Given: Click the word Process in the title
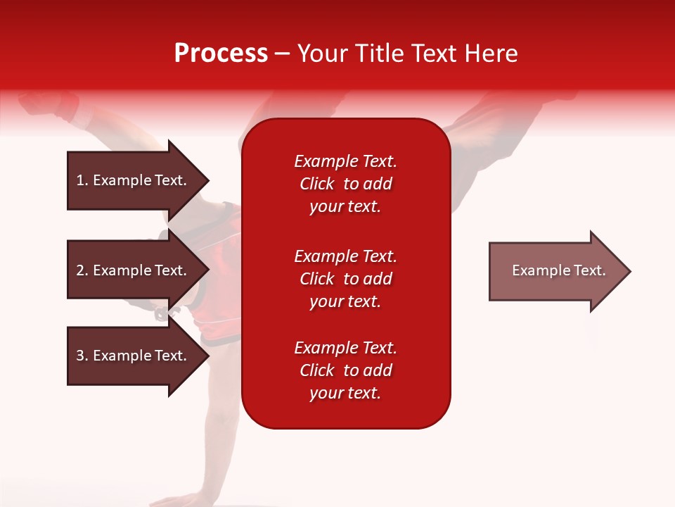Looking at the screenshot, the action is pyautogui.click(x=221, y=54).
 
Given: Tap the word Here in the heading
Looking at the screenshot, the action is pyautogui.click(x=491, y=54).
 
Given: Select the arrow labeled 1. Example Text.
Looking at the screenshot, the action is pyautogui.click(x=139, y=180).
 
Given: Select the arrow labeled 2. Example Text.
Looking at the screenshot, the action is pyautogui.click(x=139, y=270).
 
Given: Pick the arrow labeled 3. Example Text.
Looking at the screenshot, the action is pyautogui.click(x=139, y=355).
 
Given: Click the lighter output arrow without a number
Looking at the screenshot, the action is pyautogui.click(x=560, y=271).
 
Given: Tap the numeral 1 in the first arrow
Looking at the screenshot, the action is pyautogui.click(x=80, y=180).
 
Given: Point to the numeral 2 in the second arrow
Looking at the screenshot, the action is pyautogui.click(x=80, y=270).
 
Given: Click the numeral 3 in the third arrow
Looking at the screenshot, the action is pyautogui.click(x=80, y=356).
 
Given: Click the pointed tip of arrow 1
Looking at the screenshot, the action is pyautogui.click(x=210, y=180).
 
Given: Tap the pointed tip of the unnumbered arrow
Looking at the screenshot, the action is pyautogui.click(x=631, y=271).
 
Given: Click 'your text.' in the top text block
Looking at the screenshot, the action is pyautogui.click(x=345, y=206).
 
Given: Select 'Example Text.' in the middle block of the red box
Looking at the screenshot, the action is pyautogui.click(x=345, y=256).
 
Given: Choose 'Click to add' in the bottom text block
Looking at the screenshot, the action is pyautogui.click(x=346, y=370).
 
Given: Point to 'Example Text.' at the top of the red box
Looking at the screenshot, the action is pyautogui.click(x=345, y=161).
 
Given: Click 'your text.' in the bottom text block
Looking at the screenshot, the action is pyautogui.click(x=345, y=393).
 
